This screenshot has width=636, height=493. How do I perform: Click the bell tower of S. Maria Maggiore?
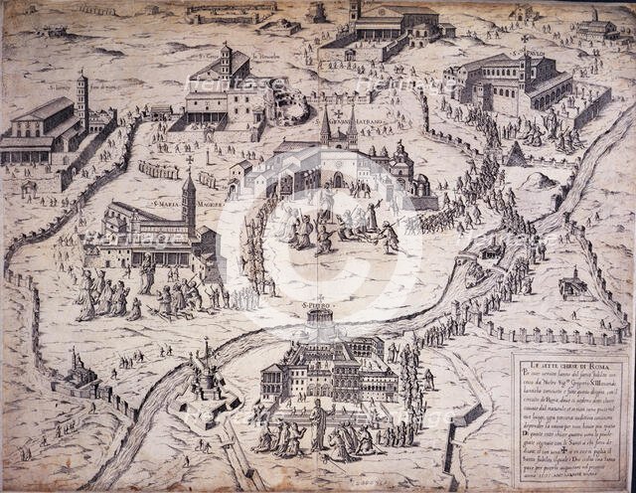coord(188,207)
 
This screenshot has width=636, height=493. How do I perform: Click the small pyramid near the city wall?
coord(515,154)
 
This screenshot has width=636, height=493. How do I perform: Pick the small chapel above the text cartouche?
coord(572,285)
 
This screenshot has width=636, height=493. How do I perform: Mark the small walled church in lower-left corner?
coord(78,373)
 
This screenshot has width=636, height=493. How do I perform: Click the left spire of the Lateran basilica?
coord(325,124)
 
